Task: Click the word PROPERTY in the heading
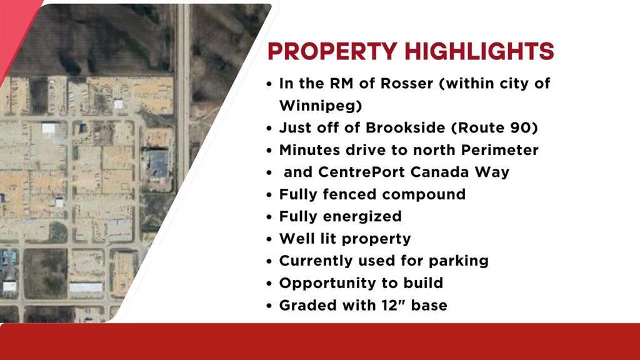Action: (332, 51)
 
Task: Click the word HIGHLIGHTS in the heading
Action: (479, 51)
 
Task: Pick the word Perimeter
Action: (499, 150)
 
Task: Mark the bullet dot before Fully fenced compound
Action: (269, 195)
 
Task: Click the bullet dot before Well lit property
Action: (269, 239)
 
